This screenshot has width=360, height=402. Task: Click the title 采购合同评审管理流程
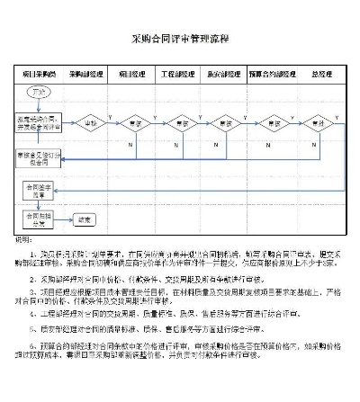tap(180, 40)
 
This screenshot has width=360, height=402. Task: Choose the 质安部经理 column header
tap(222, 72)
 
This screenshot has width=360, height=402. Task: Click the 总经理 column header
tap(319, 72)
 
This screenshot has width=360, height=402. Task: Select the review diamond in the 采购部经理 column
tap(89, 121)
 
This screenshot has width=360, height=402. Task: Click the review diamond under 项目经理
tap(133, 121)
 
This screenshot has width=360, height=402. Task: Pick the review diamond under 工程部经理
tap(178, 121)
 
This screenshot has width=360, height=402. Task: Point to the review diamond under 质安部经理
tap(222, 121)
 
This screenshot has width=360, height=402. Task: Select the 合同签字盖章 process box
tap(38, 190)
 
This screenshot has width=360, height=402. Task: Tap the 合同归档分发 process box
tap(38, 218)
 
